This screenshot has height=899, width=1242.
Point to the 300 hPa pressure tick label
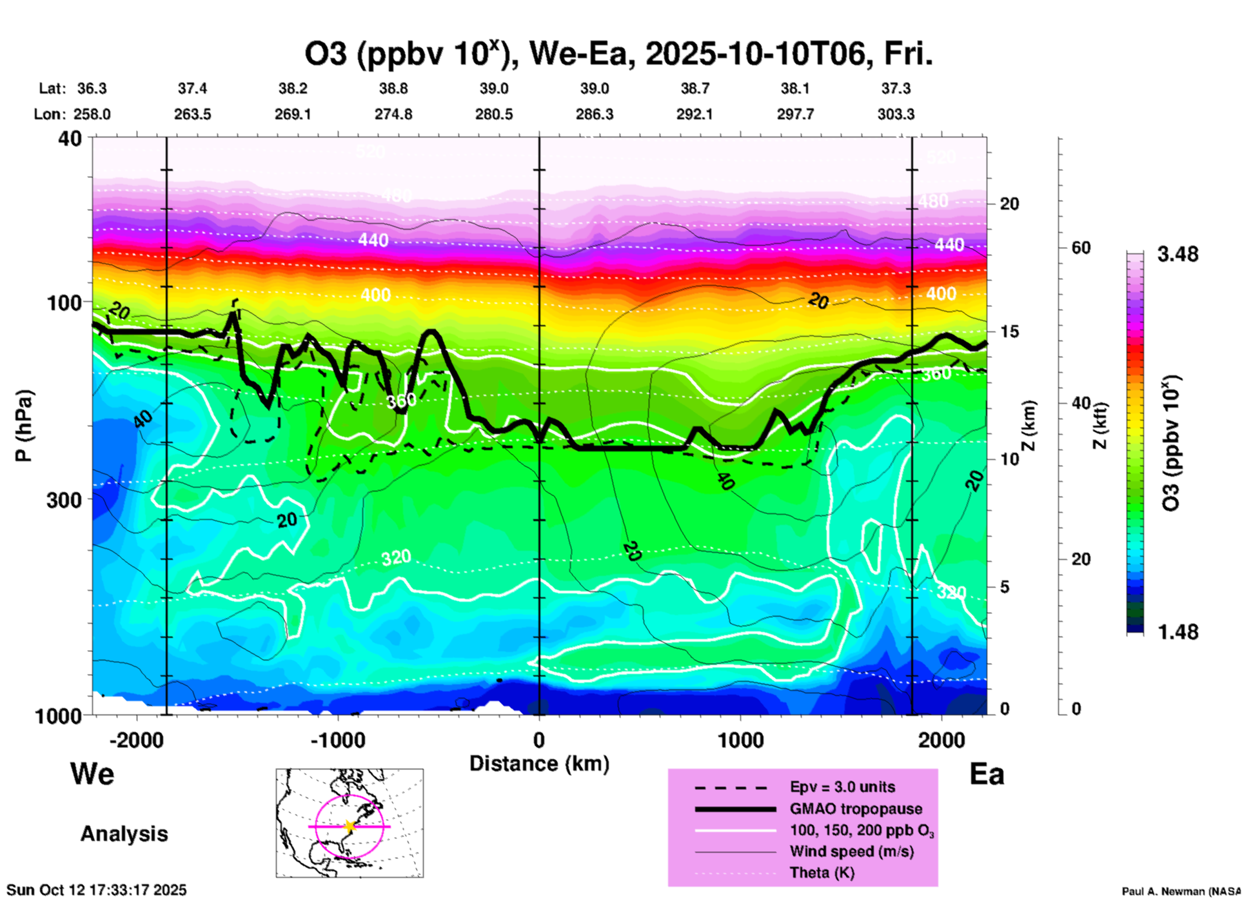pos(64,499)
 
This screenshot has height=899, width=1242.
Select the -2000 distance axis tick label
pos(136,740)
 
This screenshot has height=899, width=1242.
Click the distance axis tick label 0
pos(539,740)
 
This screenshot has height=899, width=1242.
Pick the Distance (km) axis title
pos(539,764)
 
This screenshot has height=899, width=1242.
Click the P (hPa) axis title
pos(24,426)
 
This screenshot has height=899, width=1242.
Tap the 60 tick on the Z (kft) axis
pos(1081,248)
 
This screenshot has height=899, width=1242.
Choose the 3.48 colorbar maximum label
pos(1178,255)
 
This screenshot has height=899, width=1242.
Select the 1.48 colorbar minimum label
pos(1178,632)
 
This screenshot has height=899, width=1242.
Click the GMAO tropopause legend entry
pos(856,809)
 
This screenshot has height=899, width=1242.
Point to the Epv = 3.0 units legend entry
pos(842,787)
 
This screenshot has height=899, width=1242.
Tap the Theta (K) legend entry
pos(822,873)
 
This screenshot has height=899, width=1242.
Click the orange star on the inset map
pos(350,826)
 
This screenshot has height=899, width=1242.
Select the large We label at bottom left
pos(92,774)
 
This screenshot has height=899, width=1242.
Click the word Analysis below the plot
pos(124,834)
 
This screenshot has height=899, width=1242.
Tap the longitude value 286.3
pos(594,115)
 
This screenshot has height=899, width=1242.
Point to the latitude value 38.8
pos(393,88)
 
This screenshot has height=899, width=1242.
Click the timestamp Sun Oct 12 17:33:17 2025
pos(97,890)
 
